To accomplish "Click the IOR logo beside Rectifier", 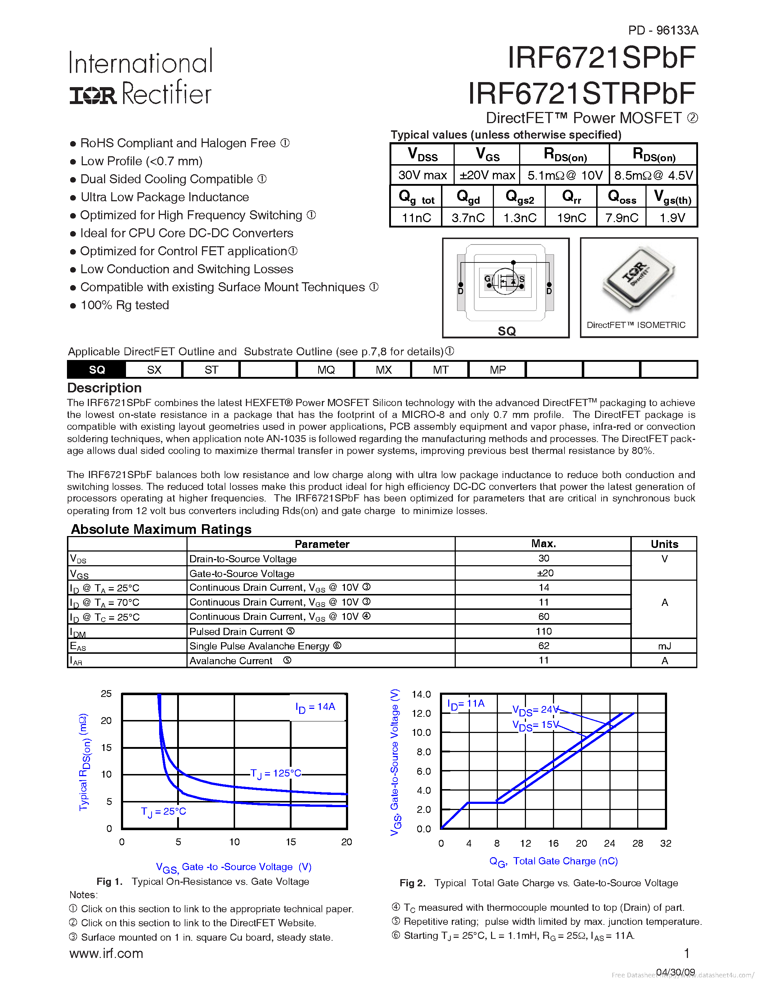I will tap(93, 95).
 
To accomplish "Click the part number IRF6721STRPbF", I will tap(581, 94).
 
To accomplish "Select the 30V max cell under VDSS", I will tap(422, 175).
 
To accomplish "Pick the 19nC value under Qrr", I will tap(571, 217).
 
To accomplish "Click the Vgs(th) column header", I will tap(672, 197).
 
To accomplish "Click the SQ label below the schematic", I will tap(506, 331).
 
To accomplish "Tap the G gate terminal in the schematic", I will tap(487, 279).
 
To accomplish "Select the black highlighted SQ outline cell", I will tap(96, 369).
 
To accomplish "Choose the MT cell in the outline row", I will tap(440, 369).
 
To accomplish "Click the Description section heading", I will tap(104, 388).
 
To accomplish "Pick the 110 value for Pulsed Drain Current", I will tap(543, 631).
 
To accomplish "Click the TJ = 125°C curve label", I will tap(275, 773).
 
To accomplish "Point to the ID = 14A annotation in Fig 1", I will tap(315, 707).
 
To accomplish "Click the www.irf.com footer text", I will tap(106, 953).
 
